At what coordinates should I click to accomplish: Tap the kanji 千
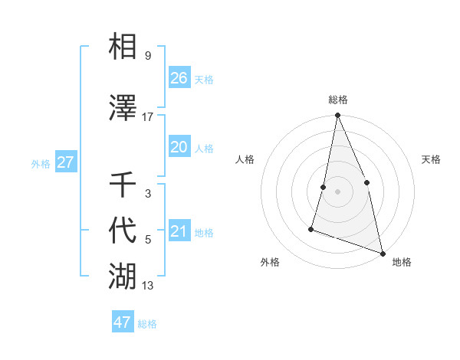click(123, 185)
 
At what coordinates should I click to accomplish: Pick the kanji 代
click(123, 229)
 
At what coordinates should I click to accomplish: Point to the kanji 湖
click(123, 274)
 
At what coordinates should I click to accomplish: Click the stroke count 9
click(147, 56)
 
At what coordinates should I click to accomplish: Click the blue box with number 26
click(179, 77)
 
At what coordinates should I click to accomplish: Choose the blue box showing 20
click(179, 147)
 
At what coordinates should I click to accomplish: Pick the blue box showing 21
click(179, 231)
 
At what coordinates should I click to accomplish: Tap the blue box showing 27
click(65, 162)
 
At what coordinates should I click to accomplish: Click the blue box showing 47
click(122, 322)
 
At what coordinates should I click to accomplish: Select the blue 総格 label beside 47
click(147, 324)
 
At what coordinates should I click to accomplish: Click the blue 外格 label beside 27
click(41, 163)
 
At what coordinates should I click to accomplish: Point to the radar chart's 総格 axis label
click(338, 100)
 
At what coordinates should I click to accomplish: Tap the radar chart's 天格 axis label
click(431, 159)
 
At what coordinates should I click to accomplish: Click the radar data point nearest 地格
click(382, 252)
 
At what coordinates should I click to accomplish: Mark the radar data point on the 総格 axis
click(337, 116)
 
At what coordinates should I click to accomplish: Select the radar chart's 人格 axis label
click(245, 159)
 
